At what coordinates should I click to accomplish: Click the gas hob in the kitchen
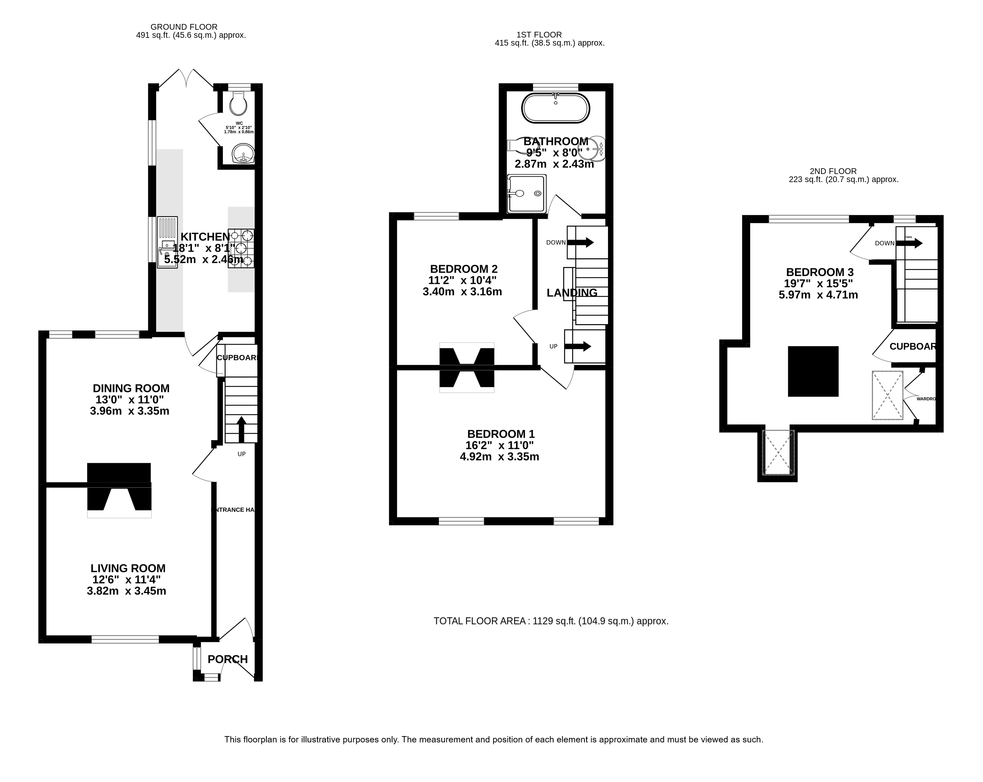[241, 248]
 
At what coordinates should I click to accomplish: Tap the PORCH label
[227, 659]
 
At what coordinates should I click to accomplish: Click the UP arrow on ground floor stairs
[241, 429]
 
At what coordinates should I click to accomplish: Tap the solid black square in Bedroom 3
[813, 371]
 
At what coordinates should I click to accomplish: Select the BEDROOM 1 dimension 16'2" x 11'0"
[500, 445]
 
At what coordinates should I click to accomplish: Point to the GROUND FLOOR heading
[184, 27]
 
